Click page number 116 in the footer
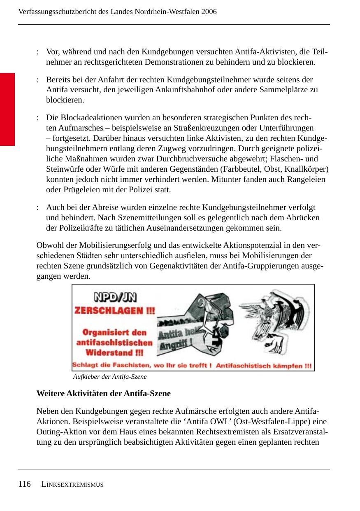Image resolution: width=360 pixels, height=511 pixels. click(x=24, y=484)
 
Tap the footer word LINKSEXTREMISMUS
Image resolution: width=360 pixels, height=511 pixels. click(x=72, y=485)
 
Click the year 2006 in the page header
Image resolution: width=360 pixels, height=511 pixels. click(x=209, y=12)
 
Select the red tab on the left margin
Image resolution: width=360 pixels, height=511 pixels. click(x=7, y=109)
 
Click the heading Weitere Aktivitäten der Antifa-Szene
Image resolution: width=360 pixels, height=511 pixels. click(x=103, y=393)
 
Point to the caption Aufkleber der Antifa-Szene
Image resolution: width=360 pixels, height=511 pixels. click(x=109, y=377)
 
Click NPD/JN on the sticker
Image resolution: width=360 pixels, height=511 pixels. click(x=115, y=297)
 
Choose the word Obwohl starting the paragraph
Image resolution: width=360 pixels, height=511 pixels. click(x=49, y=245)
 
